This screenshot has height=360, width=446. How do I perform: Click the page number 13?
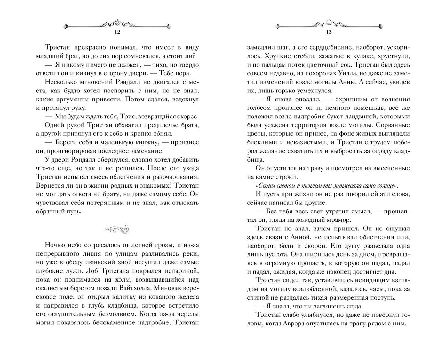tap(329, 32)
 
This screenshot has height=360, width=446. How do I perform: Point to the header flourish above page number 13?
tap(329, 24)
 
